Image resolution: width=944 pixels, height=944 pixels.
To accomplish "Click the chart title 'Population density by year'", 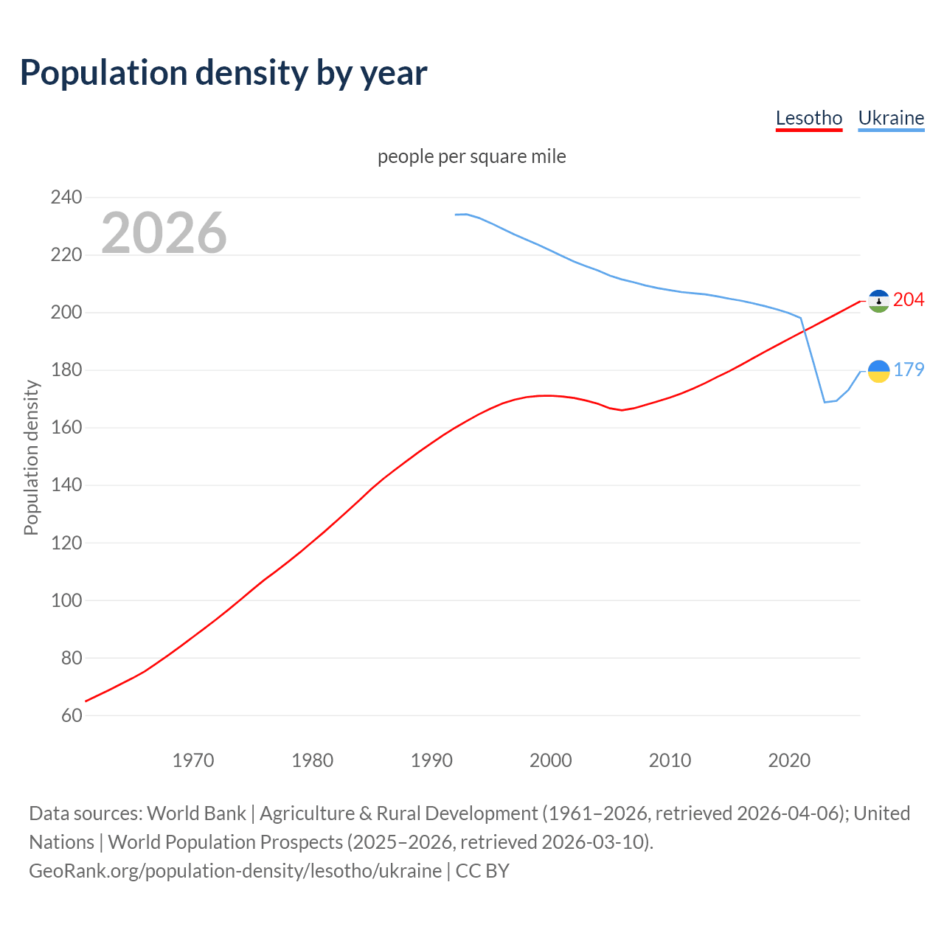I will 223,72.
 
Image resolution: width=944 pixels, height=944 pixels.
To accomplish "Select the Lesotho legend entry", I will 808,118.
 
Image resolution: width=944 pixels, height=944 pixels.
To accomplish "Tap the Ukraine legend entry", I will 891,118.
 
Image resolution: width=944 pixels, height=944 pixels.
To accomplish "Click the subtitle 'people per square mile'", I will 471,156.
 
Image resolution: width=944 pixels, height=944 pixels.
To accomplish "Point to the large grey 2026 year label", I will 164,233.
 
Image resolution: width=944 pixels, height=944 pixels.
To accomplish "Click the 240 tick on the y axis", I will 66,197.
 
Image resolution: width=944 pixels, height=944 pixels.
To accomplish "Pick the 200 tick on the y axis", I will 66,312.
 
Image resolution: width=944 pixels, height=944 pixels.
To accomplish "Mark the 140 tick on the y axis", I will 66,485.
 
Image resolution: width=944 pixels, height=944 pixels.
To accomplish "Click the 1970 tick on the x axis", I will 193,760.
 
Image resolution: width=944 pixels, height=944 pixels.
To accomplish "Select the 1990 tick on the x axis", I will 431,760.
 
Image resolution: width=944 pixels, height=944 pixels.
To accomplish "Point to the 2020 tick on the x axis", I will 789,760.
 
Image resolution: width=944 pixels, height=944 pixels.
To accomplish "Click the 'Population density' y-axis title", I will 31,457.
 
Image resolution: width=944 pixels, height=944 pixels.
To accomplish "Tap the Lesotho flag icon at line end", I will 878,300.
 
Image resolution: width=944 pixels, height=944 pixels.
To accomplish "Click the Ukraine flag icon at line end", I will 878,371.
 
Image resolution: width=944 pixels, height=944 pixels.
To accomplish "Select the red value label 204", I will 909,299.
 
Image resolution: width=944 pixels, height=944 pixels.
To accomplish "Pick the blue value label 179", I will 909,369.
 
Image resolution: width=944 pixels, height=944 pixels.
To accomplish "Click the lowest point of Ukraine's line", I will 825,402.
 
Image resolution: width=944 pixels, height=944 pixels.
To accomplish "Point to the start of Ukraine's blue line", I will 456,215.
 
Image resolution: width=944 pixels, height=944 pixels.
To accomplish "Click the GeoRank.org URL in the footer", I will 235,870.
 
